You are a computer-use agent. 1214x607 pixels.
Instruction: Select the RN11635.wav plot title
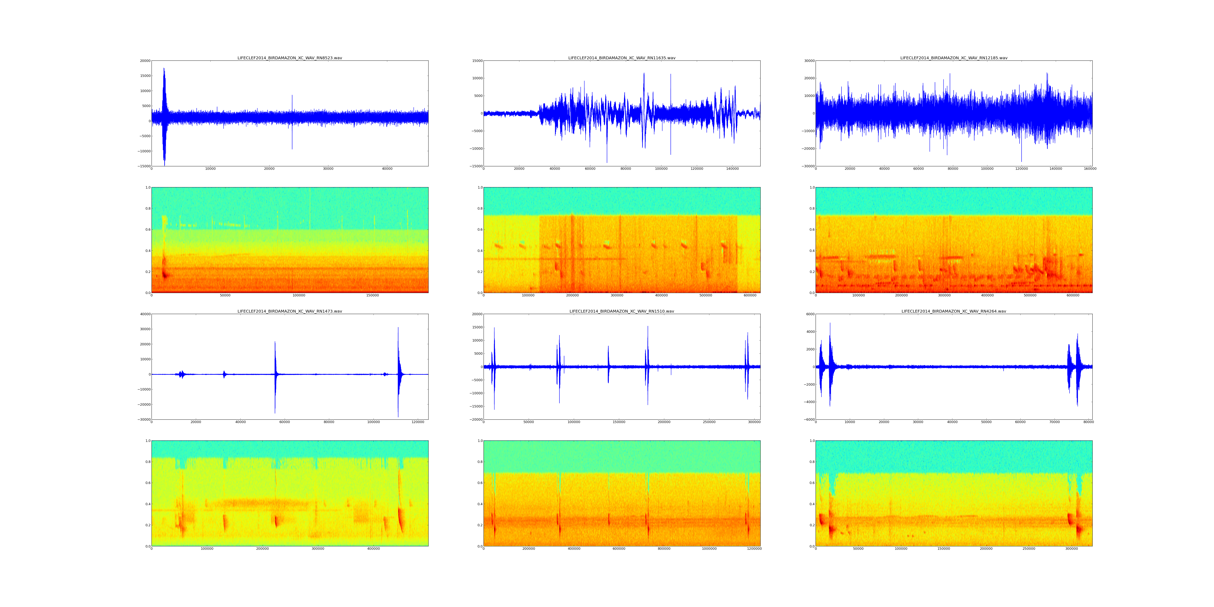(622, 58)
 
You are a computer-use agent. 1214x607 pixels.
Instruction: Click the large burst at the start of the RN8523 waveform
(164, 113)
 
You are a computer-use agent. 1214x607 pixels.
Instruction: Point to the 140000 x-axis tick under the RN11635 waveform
(732, 169)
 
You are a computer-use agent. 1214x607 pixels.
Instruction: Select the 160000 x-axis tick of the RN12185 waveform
(1090, 169)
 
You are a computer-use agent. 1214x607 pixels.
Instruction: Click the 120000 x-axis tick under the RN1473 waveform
(418, 422)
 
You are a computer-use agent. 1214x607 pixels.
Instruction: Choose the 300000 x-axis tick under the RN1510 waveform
(754, 422)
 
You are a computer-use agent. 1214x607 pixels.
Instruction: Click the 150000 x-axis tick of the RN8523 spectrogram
(372, 295)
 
